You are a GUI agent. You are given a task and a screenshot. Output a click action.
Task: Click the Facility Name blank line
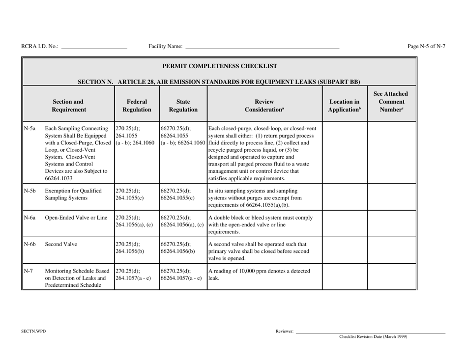point(262,48)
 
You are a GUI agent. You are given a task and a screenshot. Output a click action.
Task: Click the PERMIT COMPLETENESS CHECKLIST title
point(220,66)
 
